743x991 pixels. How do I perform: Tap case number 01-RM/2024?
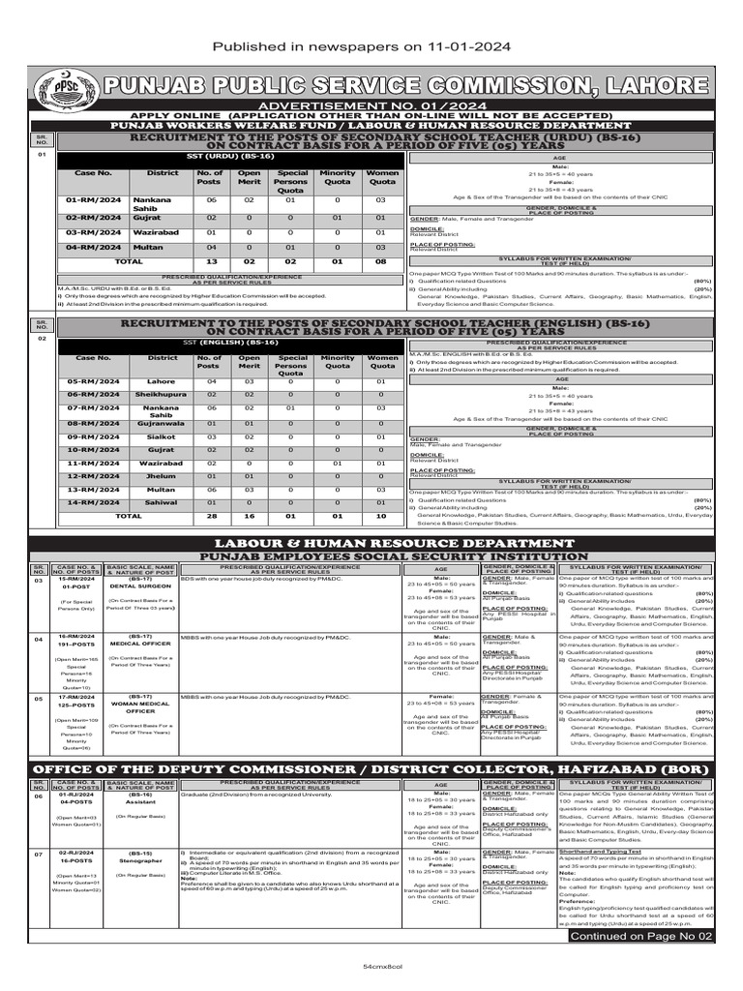click(x=95, y=199)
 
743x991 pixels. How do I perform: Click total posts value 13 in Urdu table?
click(x=209, y=261)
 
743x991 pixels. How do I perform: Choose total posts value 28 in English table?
click(x=209, y=516)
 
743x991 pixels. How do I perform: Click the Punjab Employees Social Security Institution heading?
click(x=371, y=557)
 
